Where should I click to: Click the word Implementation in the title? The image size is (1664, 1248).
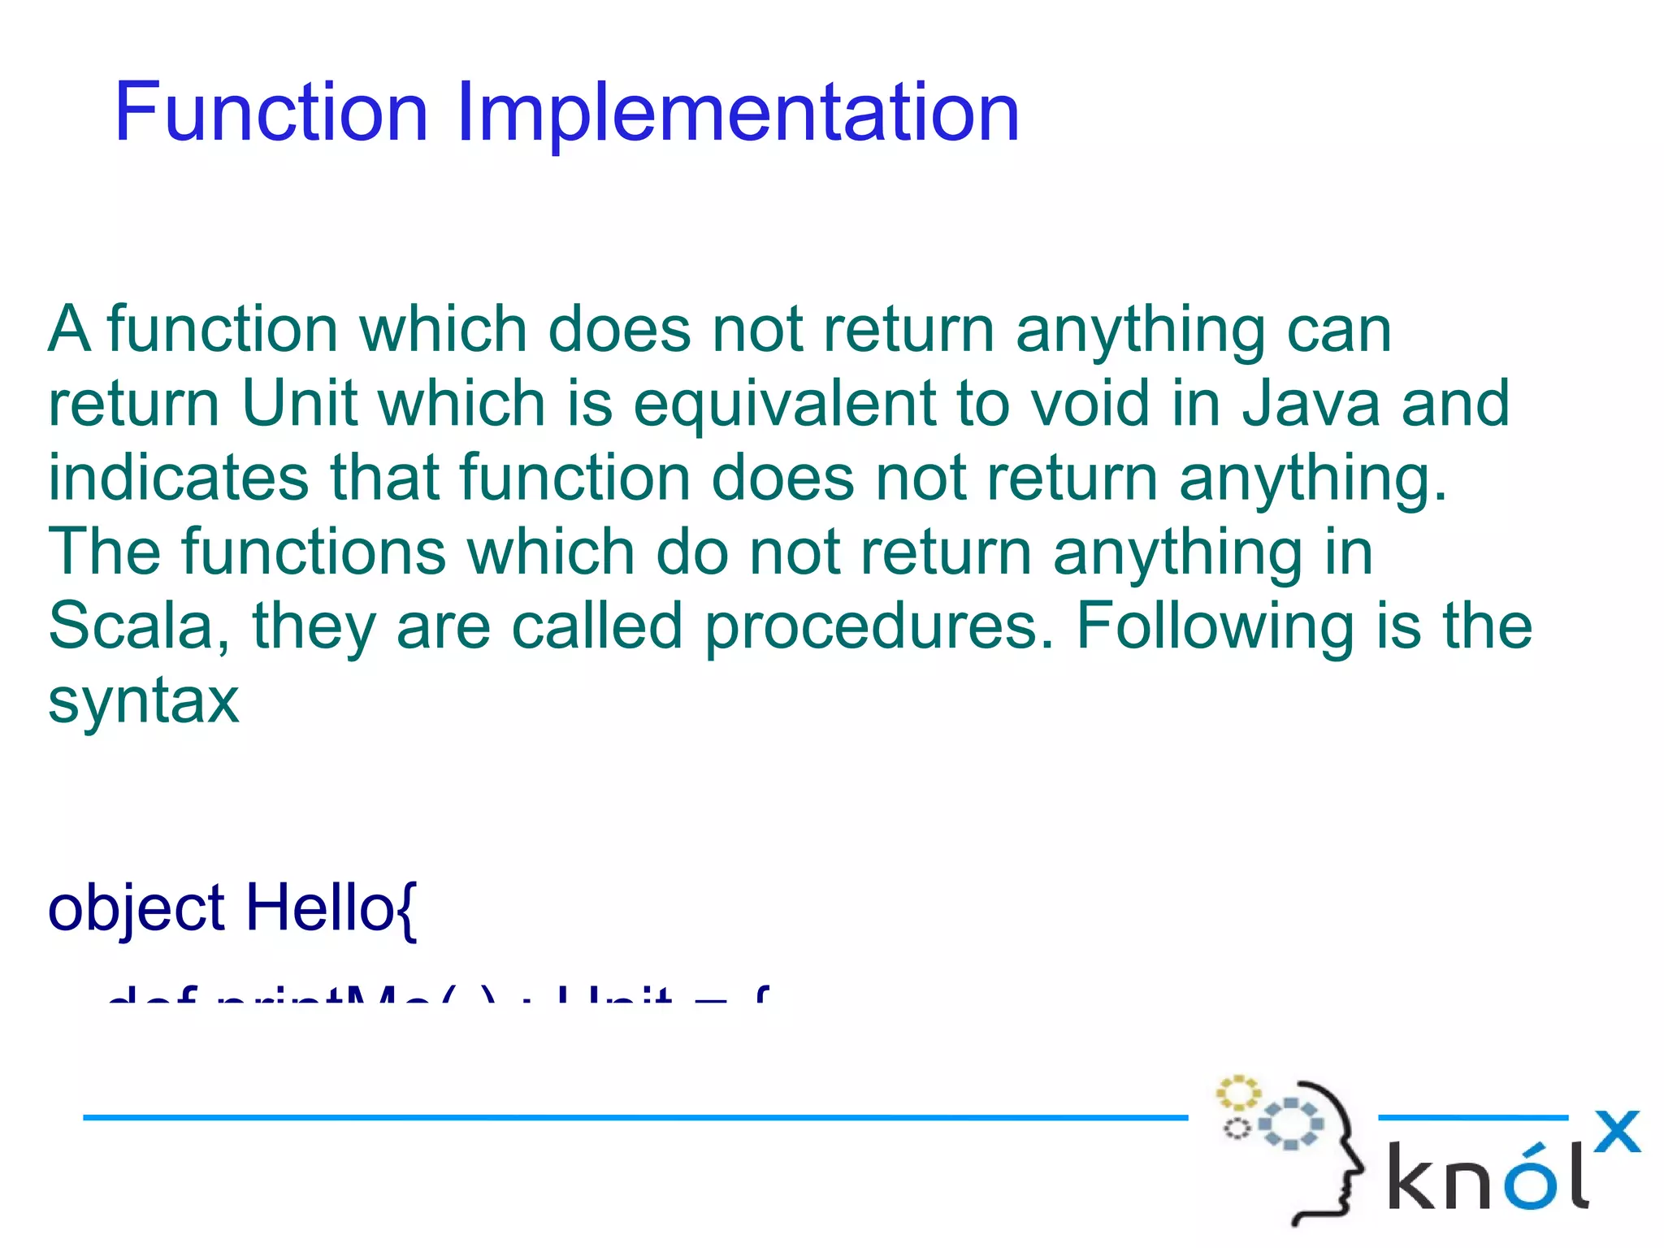click(737, 113)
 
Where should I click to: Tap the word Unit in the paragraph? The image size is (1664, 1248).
click(300, 403)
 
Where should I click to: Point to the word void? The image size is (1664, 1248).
click(1090, 403)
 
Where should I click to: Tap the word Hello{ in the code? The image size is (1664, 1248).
click(331, 908)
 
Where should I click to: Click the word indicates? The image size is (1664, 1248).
click(179, 477)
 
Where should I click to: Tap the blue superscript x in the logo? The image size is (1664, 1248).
click(1617, 1131)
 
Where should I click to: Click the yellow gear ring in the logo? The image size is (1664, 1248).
click(1237, 1093)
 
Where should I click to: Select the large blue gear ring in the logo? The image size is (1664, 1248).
click(1290, 1124)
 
